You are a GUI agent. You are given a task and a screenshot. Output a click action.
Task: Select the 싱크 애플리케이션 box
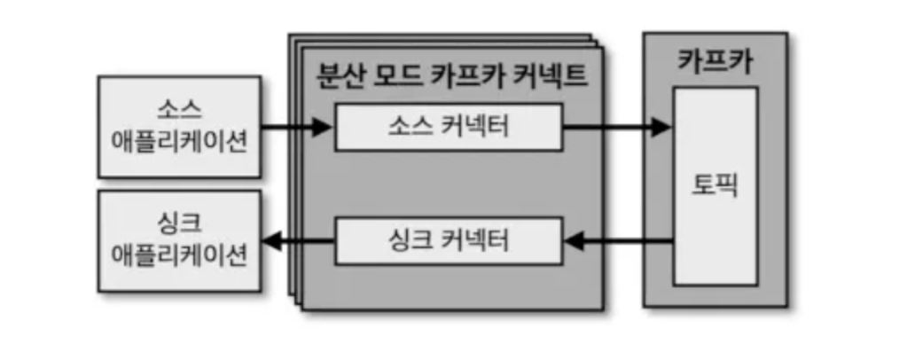tap(179, 239)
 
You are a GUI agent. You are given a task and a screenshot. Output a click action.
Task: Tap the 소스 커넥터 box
tap(448, 127)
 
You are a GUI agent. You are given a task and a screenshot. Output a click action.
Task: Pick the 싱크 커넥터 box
tap(448, 239)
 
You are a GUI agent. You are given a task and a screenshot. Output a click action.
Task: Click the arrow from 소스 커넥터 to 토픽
tap(616, 128)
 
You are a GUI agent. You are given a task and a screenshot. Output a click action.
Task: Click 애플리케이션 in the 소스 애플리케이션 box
tap(179, 141)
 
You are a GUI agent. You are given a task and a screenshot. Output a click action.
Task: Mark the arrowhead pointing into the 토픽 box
tap(662, 128)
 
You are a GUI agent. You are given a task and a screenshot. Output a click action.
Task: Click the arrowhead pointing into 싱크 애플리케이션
tap(271, 239)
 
